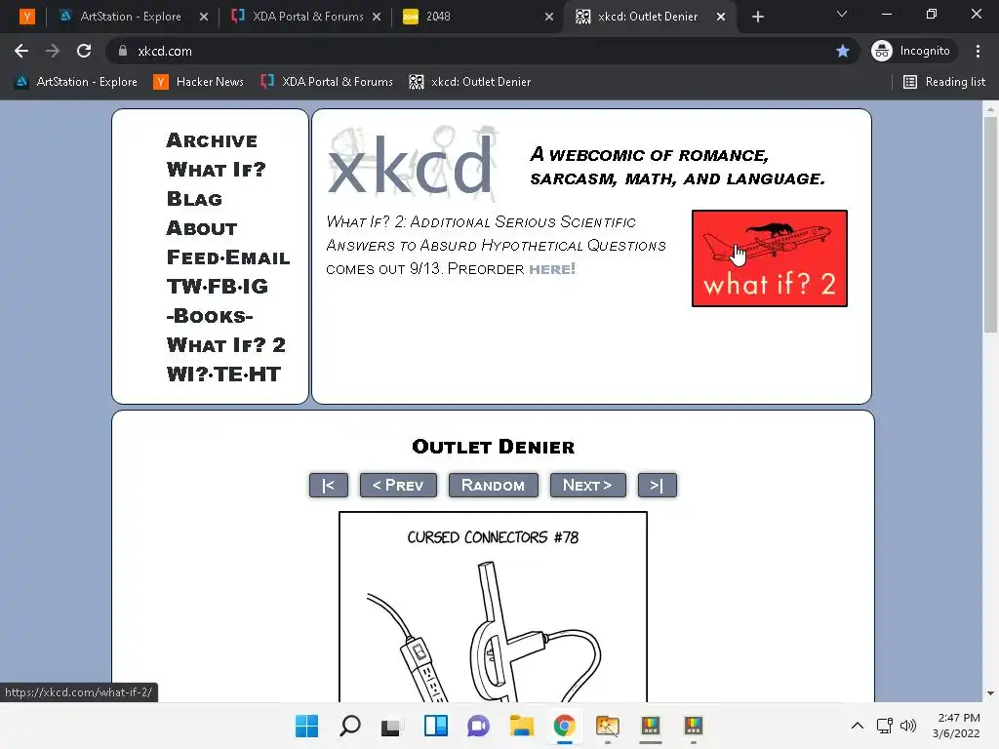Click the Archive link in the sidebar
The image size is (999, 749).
click(212, 140)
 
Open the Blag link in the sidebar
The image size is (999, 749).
click(194, 199)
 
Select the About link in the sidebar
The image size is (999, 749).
click(202, 228)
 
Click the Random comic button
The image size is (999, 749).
click(493, 486)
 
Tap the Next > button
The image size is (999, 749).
click(587, 486)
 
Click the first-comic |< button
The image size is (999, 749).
click(328, 486)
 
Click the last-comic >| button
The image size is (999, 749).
click(657, 486)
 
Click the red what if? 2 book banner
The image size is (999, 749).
click(770, 257)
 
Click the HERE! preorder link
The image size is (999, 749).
click(552, 269)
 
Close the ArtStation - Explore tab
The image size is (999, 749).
click(203, 17)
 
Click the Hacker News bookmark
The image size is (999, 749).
click(198, 82)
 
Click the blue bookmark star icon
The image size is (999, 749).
click(843, 51)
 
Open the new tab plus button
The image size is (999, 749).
click(757, 18)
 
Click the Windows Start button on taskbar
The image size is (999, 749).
click(306, 726)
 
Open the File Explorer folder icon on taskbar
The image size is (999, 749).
click(521, 726)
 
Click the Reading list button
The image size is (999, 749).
click(944, 82)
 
